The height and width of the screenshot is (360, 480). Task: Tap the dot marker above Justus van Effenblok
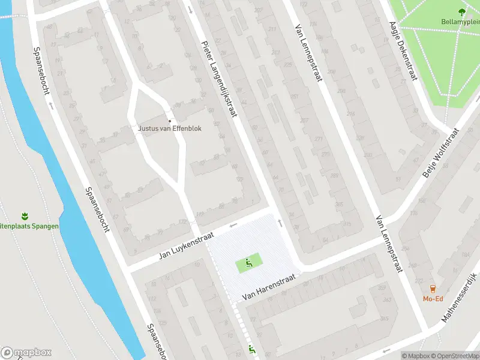pos(169,121)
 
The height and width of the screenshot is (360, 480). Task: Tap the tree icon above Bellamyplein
pos(461,11)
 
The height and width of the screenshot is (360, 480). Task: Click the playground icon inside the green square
pos(250,262)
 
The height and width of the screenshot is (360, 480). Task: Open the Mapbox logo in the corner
pos(26,353)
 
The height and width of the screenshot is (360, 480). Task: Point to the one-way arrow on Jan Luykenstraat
pos(233,225)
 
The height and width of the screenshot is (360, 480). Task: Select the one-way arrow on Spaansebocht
pos(51,105)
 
